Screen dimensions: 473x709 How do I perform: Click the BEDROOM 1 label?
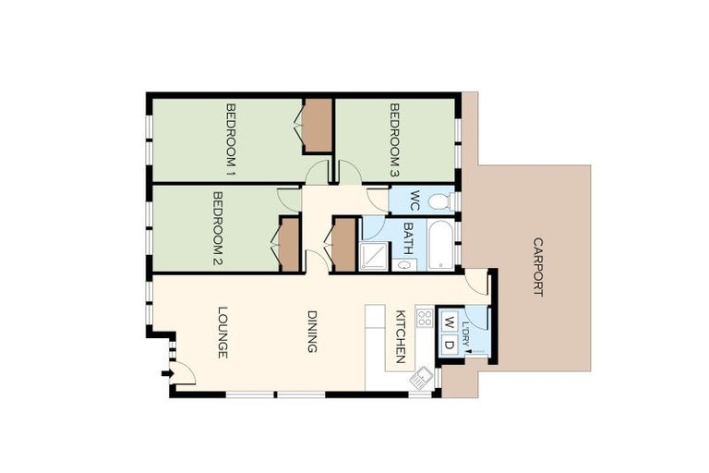(x=231, y=139)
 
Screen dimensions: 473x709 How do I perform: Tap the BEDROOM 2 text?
(x=219, y=228)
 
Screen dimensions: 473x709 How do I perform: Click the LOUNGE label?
(x=222, y=332)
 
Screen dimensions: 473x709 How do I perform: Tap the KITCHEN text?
(x=401, y=336)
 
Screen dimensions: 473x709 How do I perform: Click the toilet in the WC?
(x=439, y=200)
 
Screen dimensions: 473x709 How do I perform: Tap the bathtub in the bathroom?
(x=440, y=245)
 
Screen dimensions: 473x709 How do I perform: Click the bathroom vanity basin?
(x=404, y=265)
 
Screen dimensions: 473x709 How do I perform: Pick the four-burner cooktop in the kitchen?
(x=425, y=318)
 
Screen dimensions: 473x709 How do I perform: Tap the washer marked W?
(x=448, y=322)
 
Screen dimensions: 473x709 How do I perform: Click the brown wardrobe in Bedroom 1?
(x=318, y=126)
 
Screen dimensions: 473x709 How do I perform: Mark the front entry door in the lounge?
(x=183, y=373)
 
